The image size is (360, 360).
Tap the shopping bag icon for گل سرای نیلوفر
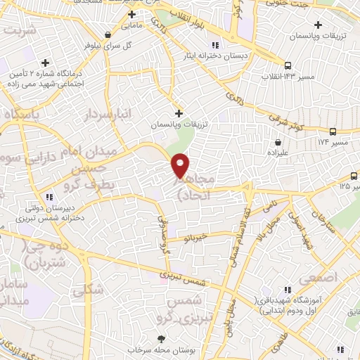pos(107,34)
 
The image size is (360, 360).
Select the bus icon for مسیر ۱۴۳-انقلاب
pos(287,65)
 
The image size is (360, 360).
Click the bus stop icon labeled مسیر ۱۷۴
pos(333,131)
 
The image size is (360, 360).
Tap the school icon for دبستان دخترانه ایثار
pos(187,44)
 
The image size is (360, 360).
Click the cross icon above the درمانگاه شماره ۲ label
pos(46,63)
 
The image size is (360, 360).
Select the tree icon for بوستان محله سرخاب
pos(162,339)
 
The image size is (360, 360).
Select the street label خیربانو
pos(193,238)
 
